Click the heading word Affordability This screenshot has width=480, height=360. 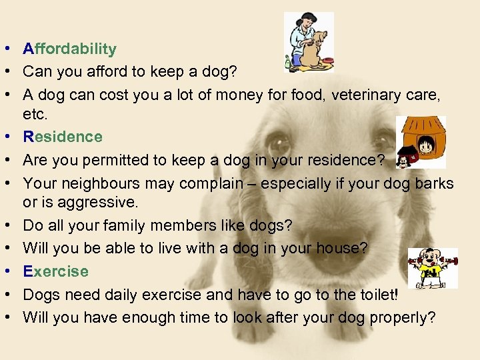click(69, 49)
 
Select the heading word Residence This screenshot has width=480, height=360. click(63, 137)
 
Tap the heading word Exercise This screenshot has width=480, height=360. click(55, 271)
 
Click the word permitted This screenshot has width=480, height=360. click(119, 160)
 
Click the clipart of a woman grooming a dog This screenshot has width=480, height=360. click(309, 41)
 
